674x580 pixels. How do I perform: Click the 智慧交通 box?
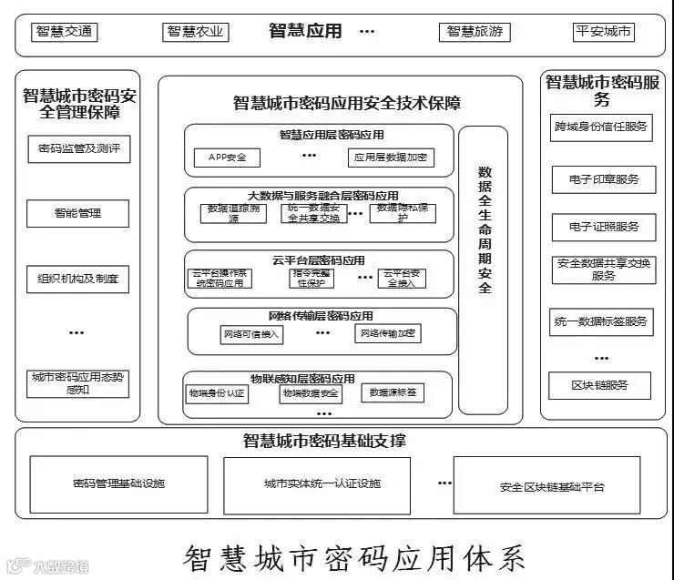point(65,33)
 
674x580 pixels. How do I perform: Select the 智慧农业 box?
point(195,33)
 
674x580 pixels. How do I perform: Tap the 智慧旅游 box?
point(474,33)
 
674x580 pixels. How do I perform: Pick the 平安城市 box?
point(604,33)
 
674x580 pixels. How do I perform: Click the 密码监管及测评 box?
point(79,149)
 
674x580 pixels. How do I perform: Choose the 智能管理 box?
point(77,214)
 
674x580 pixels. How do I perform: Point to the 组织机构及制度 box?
point(77,278)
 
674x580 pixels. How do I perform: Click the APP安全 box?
point(227,158)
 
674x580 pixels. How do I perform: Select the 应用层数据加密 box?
point(390,158)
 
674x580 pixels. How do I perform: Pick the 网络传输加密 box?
point(388,334)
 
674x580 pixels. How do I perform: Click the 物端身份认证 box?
point(217,393)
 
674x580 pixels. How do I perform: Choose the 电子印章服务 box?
point(603,179)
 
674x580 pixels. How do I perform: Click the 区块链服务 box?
point(600,385)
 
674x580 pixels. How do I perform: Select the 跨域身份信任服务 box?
point(601,127)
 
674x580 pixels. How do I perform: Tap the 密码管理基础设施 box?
point(119,484)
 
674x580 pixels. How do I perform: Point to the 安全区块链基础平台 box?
point(552,486)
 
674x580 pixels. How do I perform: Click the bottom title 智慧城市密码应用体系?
point(355,555)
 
